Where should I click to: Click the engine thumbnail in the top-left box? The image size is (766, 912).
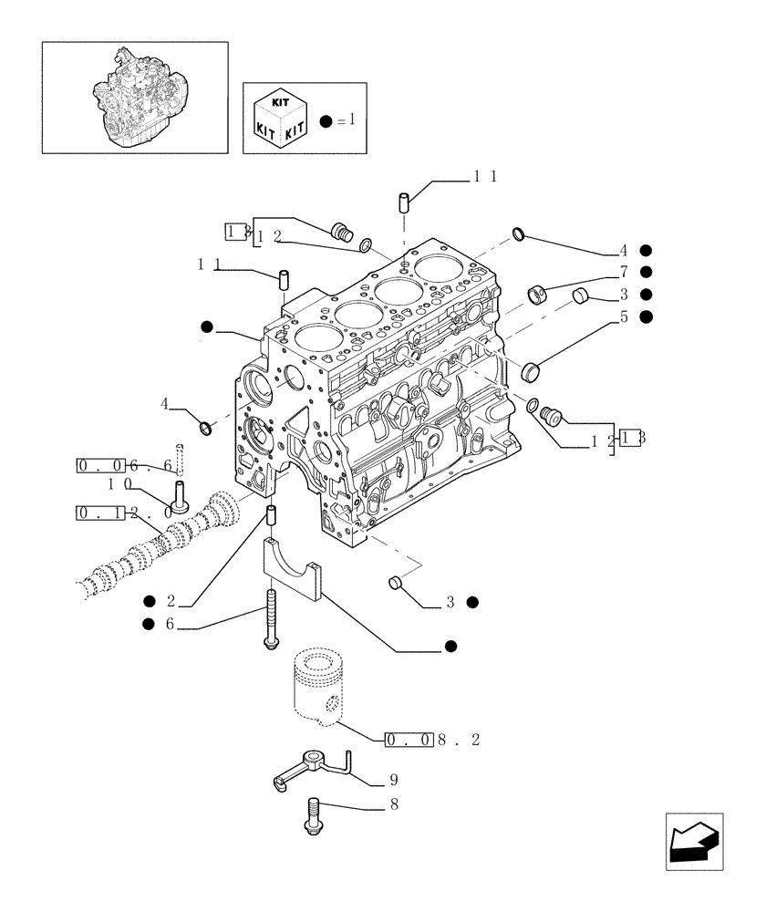134,97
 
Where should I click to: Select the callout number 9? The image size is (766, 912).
393,781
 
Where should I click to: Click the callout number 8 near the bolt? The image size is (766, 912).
393,806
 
